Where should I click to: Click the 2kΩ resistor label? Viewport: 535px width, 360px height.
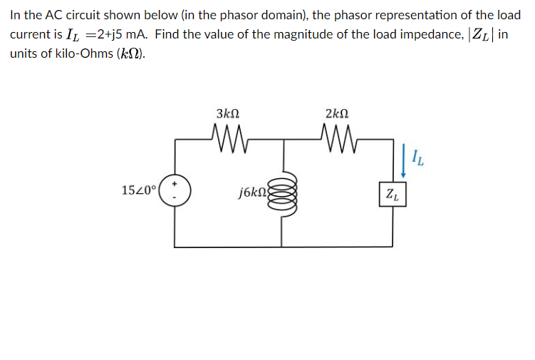[x=336, y=113]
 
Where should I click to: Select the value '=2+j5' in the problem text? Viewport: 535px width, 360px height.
[x=105, y=35]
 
